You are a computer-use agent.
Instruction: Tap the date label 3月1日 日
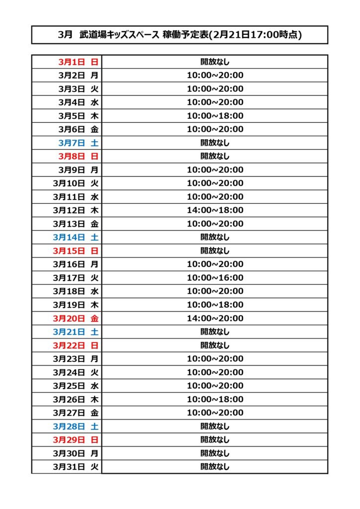[x=78, y=62]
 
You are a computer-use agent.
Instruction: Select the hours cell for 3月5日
[x=215, y=116]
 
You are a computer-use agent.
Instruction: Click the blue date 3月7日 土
[x=78, y=143]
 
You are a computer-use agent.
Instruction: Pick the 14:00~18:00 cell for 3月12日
[x=215, y=210]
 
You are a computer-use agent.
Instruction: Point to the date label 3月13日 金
[x=76, y=224]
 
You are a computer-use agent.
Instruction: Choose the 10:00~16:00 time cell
[x=215, y=278]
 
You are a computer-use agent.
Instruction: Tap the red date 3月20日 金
[x=76, y=318]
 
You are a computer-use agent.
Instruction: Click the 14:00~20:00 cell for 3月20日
[x=215, y=318]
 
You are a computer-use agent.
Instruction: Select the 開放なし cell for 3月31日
[x=215, y=467]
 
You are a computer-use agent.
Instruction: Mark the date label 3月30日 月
[x=76, y=453]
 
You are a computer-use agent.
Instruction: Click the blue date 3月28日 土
[x=76, y=426]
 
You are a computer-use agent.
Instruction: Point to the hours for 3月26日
[x=215, y=399]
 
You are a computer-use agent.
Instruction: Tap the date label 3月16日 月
[x=76, y=264]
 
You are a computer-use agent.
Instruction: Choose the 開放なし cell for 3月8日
[x=215, y=156]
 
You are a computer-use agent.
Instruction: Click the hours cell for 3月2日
[x=215, y=76]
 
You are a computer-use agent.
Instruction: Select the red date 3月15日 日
[x=76, y=251]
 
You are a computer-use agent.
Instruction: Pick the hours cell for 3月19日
[x=215, y=305]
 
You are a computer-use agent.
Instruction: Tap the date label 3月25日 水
[x=76, y=386]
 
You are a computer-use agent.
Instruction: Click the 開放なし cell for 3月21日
[x=215, y=332]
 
